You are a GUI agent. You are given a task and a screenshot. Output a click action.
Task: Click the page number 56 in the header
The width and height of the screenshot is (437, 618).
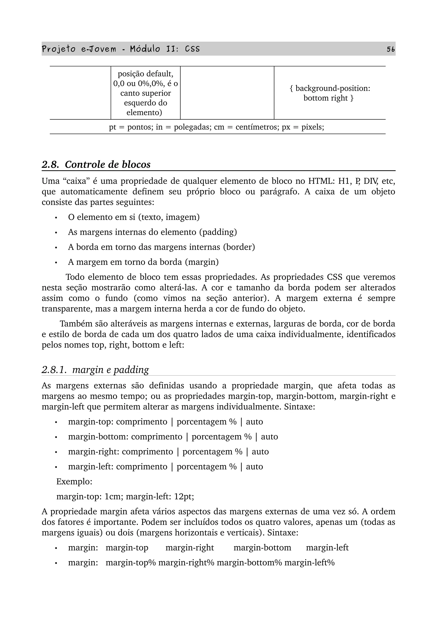(390, 49)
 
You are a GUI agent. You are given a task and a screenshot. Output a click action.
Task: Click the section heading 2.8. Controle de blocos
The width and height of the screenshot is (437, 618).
(96, 164)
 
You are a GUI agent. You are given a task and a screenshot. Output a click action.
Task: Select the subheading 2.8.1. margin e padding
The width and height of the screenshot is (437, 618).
(95, 370)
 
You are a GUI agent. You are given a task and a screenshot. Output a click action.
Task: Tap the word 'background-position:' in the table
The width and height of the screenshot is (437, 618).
(333, 88)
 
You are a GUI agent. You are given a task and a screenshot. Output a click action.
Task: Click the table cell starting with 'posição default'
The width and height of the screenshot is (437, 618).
(145, 93)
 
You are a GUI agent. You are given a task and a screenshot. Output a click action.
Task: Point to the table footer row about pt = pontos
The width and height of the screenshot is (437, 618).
(217, 127)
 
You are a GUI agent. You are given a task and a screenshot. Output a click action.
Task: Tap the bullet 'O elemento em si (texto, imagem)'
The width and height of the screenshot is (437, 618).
(134, 217)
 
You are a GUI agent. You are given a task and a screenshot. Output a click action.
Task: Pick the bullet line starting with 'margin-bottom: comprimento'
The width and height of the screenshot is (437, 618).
(173, 437)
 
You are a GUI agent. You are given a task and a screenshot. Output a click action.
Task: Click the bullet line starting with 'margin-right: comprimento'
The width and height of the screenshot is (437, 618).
(168, 451)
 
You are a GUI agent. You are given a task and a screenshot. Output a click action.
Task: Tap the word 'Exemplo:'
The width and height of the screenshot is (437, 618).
(74, 481)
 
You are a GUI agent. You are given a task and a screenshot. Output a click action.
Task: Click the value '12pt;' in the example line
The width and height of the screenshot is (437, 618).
(184, 496)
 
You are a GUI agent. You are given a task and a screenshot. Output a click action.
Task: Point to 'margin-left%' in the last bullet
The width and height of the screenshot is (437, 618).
(309, 563)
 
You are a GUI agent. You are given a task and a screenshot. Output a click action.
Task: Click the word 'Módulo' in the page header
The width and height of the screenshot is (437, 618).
(145, 49)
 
